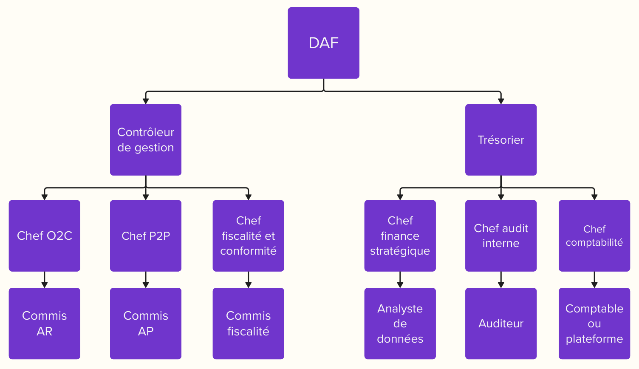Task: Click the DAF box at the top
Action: tap(323, 43)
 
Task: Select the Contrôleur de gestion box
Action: tap(146, 140)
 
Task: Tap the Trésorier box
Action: tap(501, 140)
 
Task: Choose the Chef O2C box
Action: tap(45, 236)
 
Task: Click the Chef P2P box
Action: tap(146, 236)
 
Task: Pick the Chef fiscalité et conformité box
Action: tap(248, 236)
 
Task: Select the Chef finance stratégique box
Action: tap(400, 236)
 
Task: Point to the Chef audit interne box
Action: tap(501, 236)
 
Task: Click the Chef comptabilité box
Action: tap(594, 236)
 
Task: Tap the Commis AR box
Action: tap(45, 324)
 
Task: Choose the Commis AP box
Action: tap(146, 324)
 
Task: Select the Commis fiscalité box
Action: tap(248, 324)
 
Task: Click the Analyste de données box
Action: tap(400, 324)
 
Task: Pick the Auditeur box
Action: tap(501, 324)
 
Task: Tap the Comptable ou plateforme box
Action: tap(594, 324)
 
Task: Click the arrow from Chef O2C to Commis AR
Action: tap(45, 279)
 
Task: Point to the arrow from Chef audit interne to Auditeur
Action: tap(501, 279)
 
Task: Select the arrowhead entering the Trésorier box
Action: tap(501, 101)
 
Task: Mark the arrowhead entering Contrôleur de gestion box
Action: tap(146, 101)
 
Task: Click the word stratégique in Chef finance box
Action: tap(400, 251)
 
